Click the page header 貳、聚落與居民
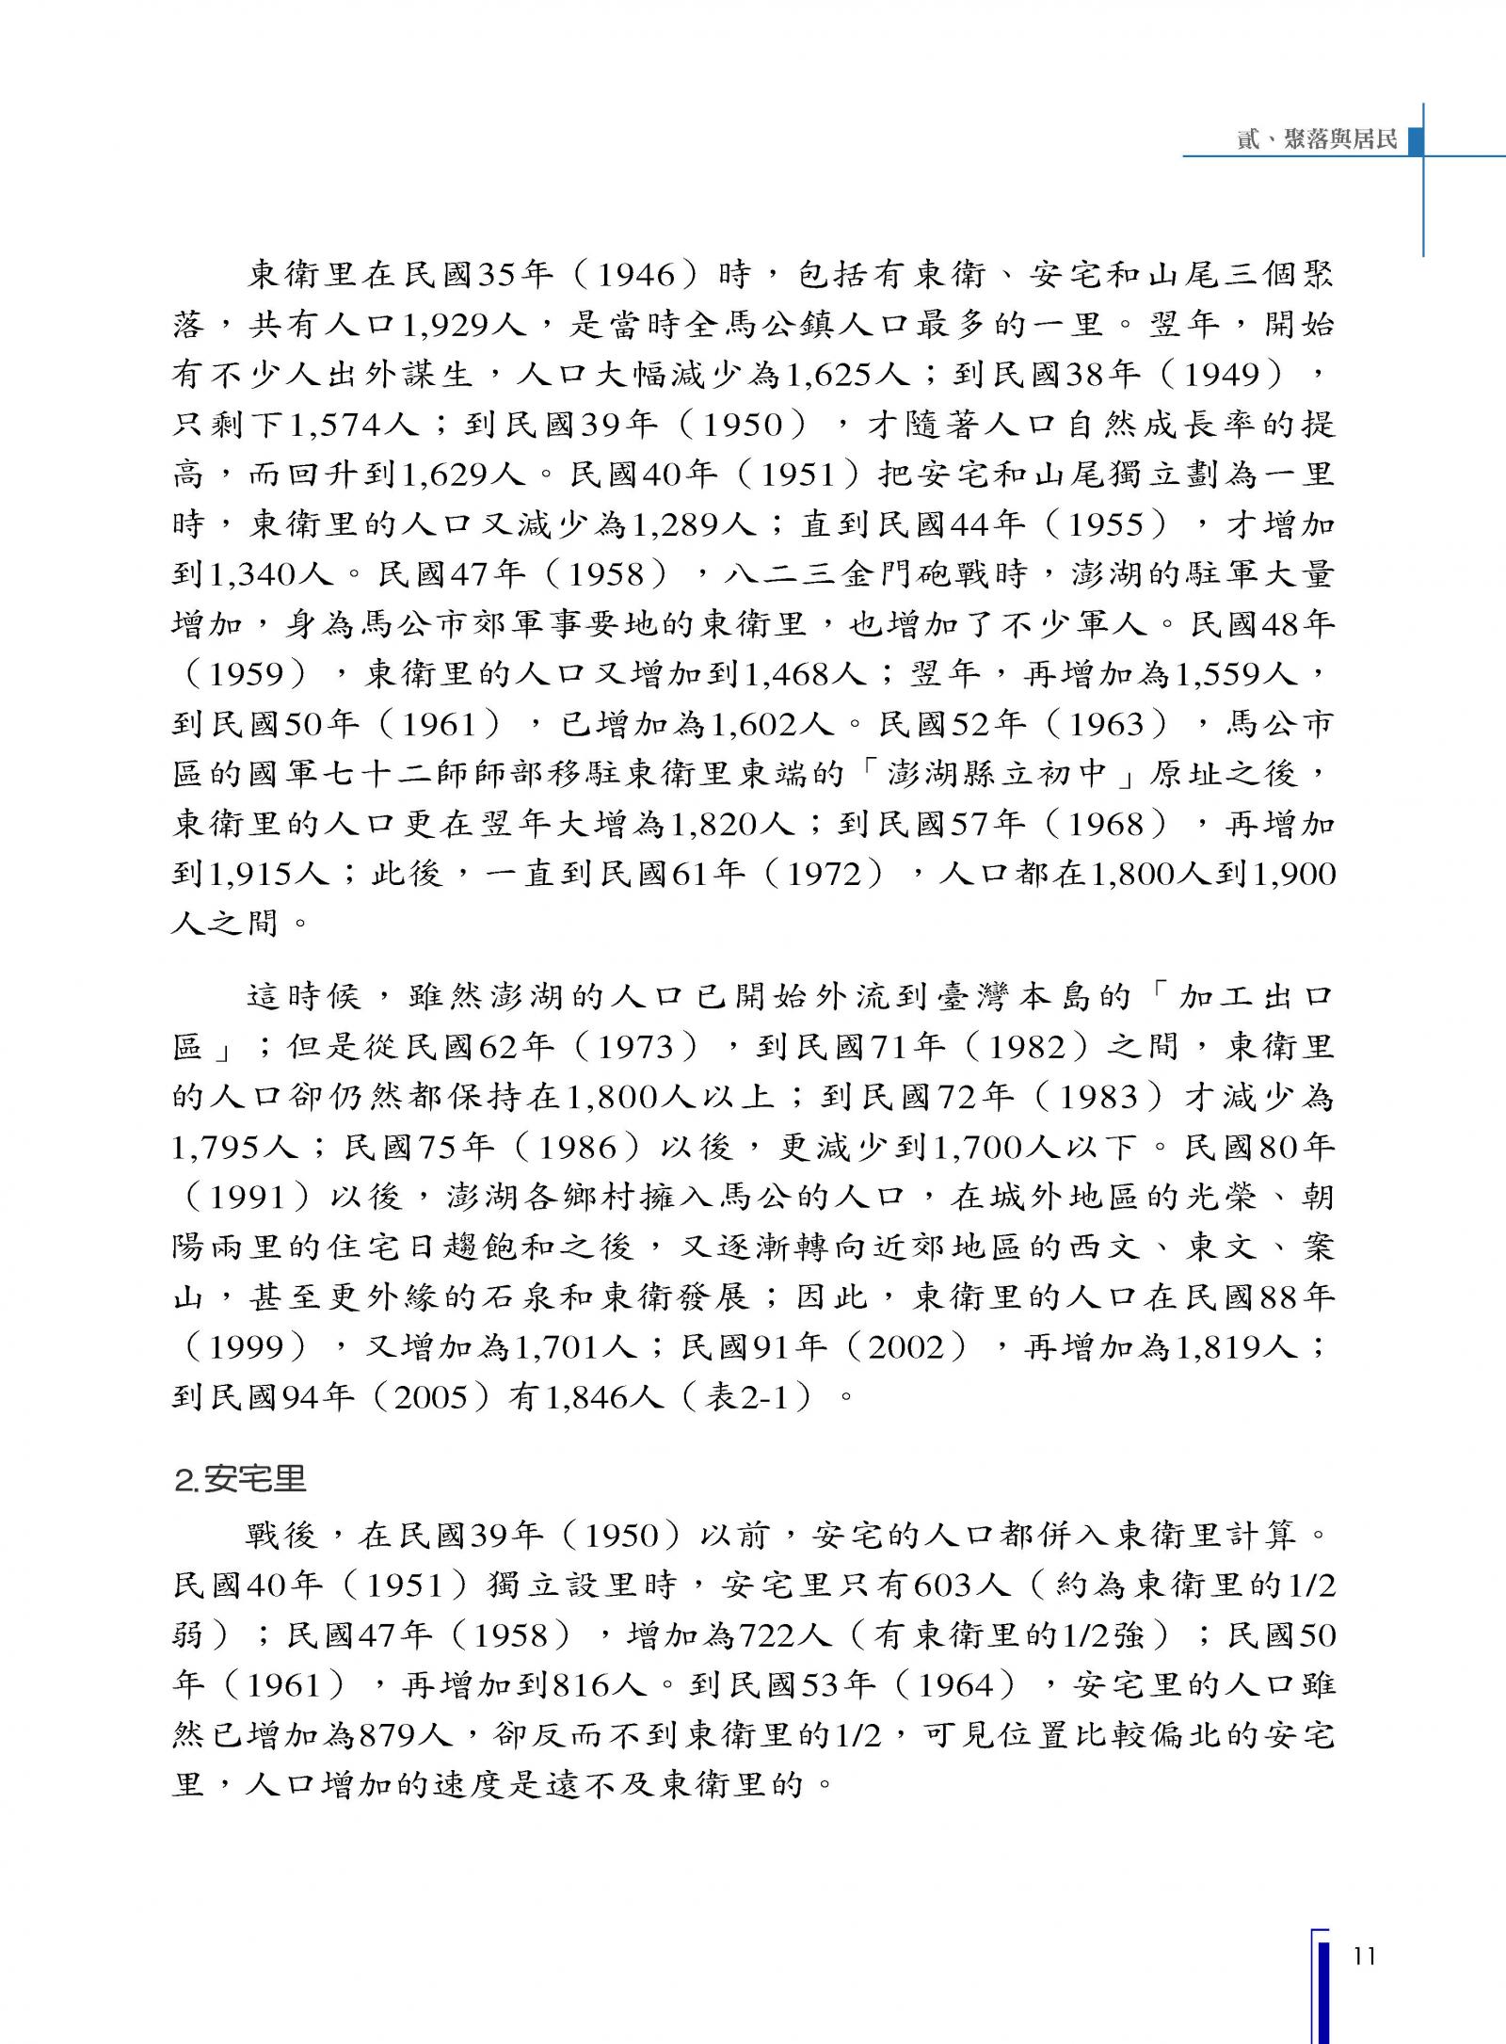(x=1317, y=141)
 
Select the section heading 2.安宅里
(x=241, y=1479)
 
